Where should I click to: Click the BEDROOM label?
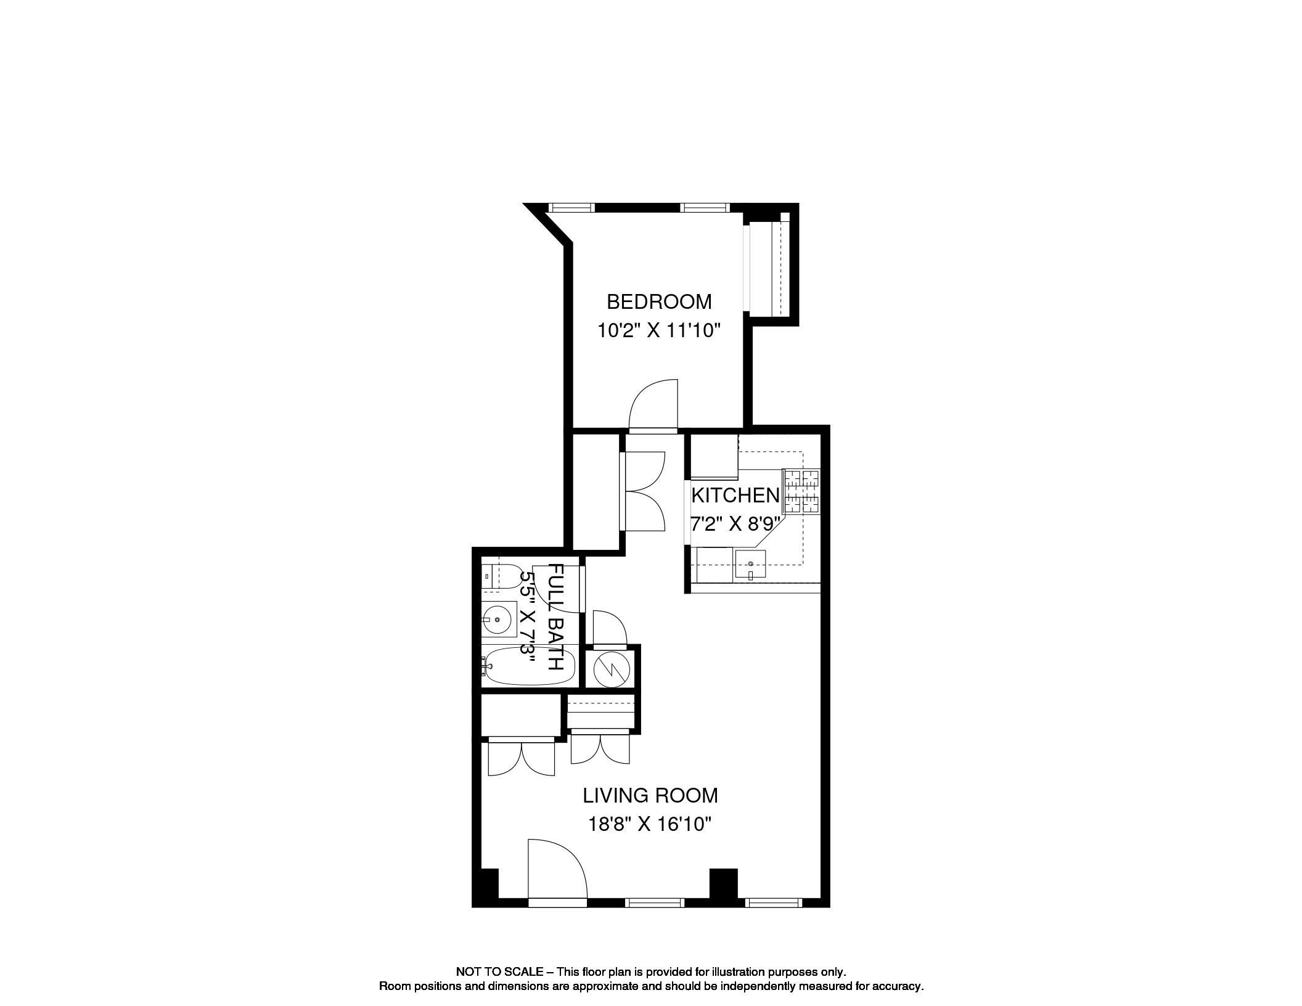click(658, 302)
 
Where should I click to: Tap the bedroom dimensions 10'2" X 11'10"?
click(658, 331)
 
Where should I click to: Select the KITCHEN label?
click(735, 495)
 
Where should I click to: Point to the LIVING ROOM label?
click(650, 796)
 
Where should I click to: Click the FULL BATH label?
click(555, 617)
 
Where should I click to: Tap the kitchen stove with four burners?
click(801, 492)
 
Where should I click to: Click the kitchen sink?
click(750, 565)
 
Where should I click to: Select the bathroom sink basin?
click(498, 619)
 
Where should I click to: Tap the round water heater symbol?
click(610, 668)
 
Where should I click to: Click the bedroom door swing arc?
click(653, 404)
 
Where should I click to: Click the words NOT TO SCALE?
click(499, 972)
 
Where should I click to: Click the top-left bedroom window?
click(571, 208)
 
